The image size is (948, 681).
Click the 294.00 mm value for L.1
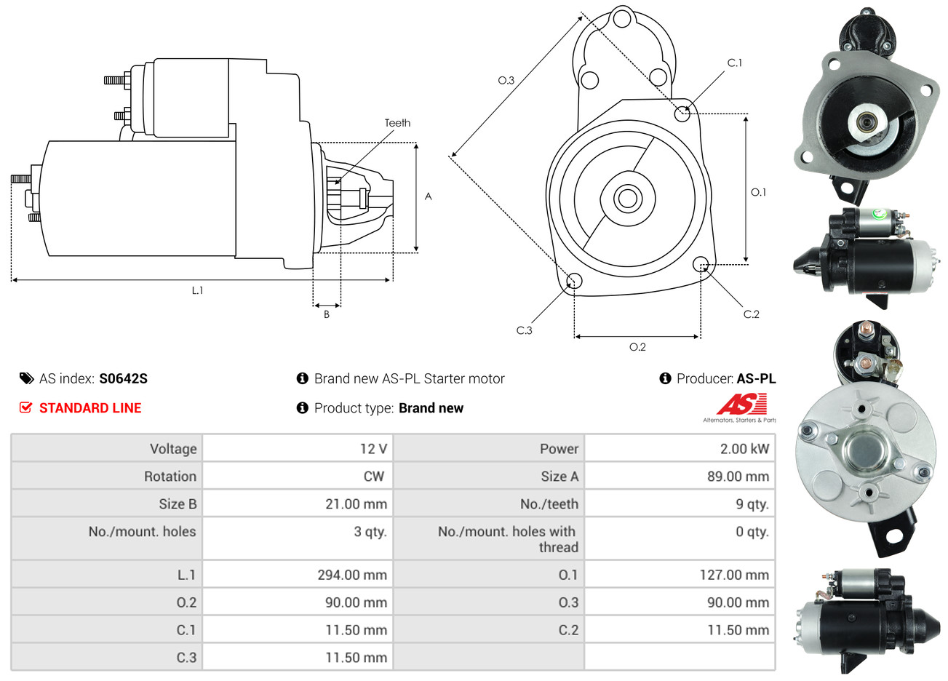pyautogui.click(x=352, y=575)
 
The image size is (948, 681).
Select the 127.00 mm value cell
pyautogui.click(x=734, y=575)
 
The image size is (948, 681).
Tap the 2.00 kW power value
pyautogui.click(x=744, y=449)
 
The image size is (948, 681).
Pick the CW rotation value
pyautogui.click(x=373, y=477)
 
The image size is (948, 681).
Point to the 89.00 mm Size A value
pyautogui.click(x=738, y=477)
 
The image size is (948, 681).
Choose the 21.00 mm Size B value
pyautogui.click(x=356, y=504)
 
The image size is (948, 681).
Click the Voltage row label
pyautogui.click(x=173, y=449)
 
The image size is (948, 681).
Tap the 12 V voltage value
pyautogui.click(x=373, y=449)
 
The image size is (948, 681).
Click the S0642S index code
pyautogui.click(x=123, y=378)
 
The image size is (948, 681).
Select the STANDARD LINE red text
pyautogui.click(x=90, y=408)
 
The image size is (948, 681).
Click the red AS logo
pyautogui.click(x=741, y=405)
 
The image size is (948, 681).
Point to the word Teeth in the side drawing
pyautogui.click(x=397, y=123)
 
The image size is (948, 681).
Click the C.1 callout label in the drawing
pyautogui.click(x=735, y=63)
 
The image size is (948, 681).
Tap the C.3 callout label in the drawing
pyautogui.click(x=524, y=330)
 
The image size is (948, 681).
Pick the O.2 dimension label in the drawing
pyautogui.click(x=637, y=347)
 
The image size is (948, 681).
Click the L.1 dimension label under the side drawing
pyautogui.click(x=197, y=290)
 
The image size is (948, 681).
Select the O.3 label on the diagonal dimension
pyautogui.click(x=506, y=81)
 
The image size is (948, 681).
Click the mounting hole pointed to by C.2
pyautogui.click(x=701, y=263)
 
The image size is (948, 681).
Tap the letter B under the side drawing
pyautogui.click(x=327, y=314)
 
